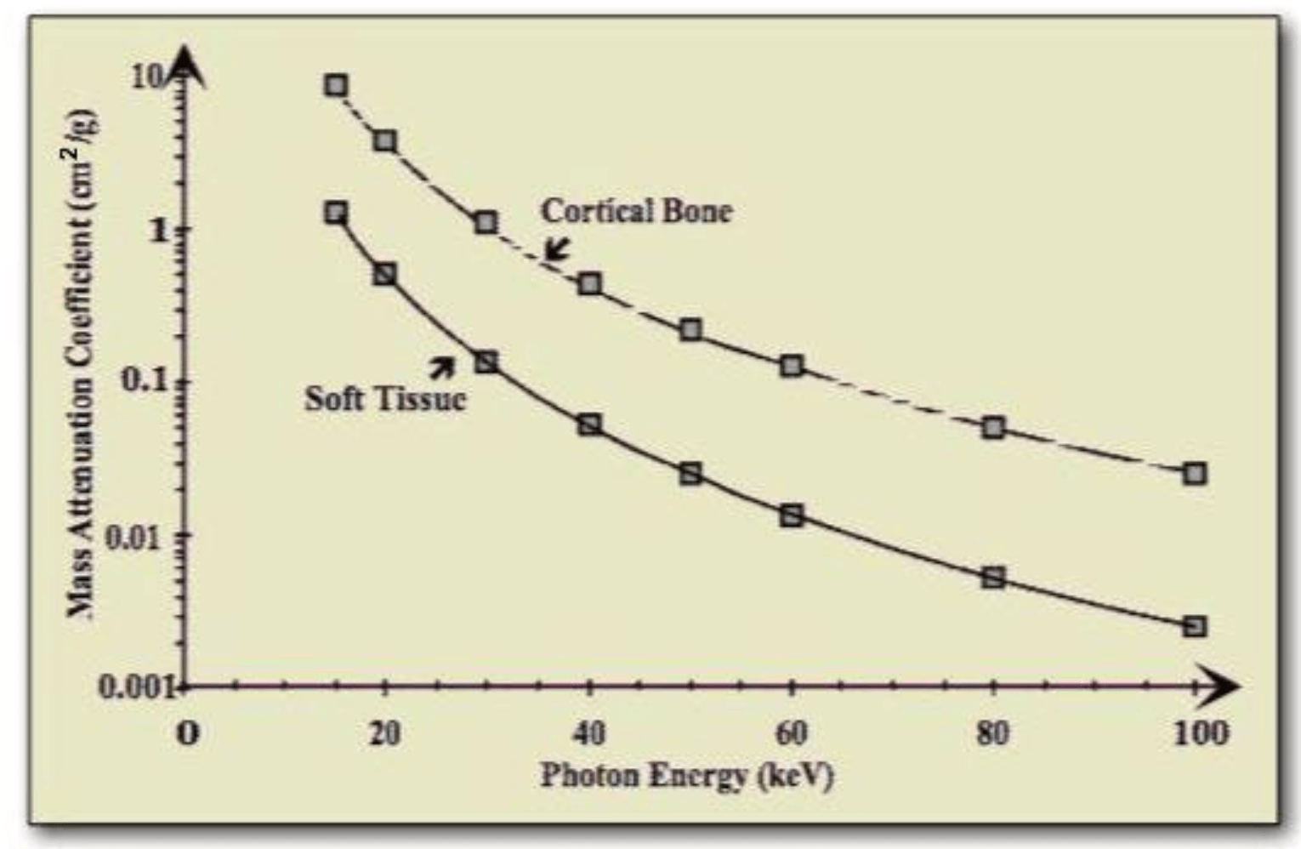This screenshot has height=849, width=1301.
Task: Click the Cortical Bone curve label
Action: tap(636, 211)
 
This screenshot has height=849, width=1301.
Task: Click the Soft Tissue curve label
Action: tap(385, 398)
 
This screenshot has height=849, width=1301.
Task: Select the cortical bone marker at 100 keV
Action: tap(1195, 474)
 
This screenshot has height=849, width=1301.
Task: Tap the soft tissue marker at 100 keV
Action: tap(1195, 627)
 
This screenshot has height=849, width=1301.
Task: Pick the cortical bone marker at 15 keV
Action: tap(336, 85)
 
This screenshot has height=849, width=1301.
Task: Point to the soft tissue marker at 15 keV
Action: tap(336, 213)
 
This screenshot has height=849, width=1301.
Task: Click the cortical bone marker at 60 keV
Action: tap(792, 367)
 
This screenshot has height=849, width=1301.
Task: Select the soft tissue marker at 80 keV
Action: tap(993, 578)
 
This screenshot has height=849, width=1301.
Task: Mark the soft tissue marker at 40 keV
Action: tap(589, 424)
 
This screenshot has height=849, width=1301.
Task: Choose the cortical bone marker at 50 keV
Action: tap(691, 330)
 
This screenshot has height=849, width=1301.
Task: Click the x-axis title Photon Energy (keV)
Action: tap(687, 775)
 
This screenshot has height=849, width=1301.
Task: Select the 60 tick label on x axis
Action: tap(791, 732)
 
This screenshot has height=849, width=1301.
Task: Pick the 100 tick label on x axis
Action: tap(1201, 732)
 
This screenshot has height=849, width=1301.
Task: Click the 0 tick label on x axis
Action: tap(187, 733)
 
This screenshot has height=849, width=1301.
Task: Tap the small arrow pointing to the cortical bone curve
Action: tap(557, 248)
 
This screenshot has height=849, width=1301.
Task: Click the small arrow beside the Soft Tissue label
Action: tap(441, 366)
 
